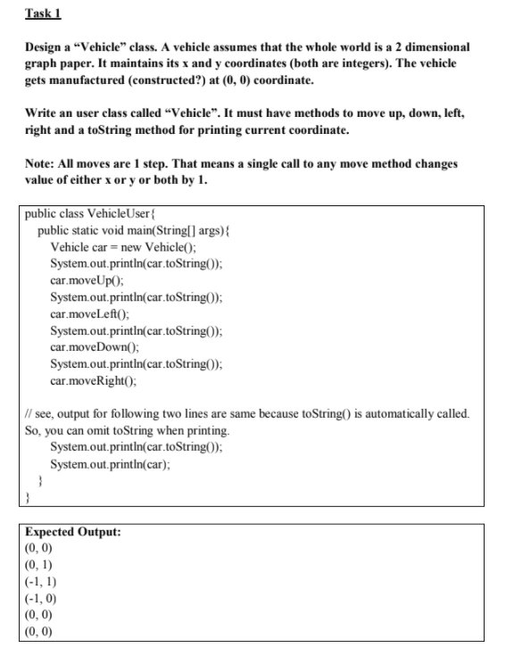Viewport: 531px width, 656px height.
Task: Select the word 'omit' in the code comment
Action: coord(107,430)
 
